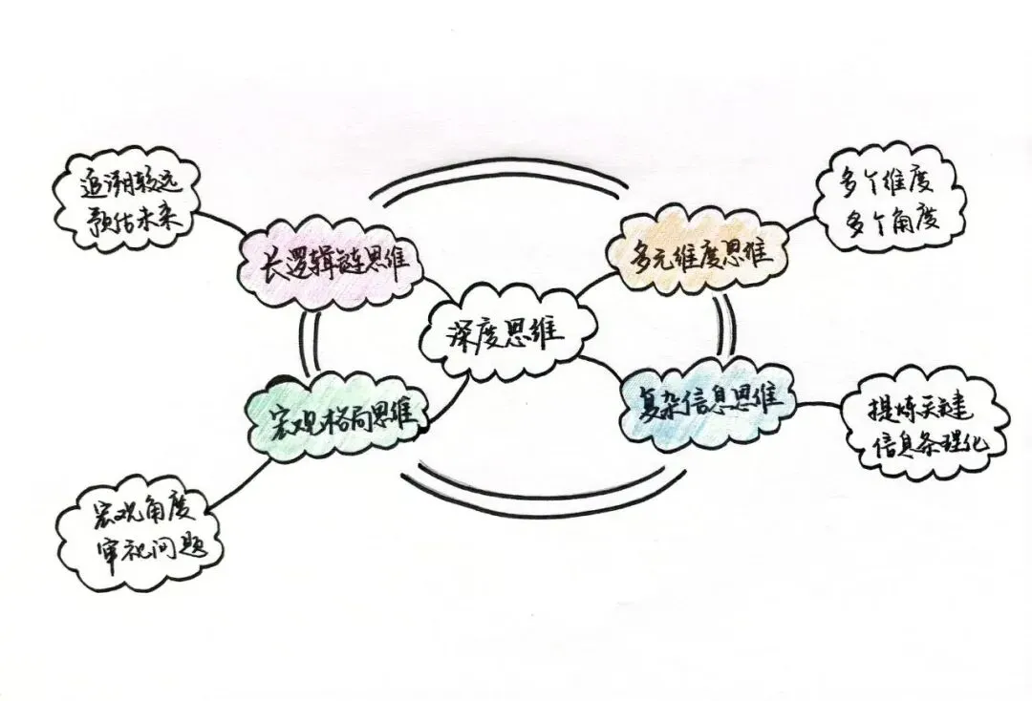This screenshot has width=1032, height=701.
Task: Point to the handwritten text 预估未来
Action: pyautogui.click(x=134, y=222)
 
